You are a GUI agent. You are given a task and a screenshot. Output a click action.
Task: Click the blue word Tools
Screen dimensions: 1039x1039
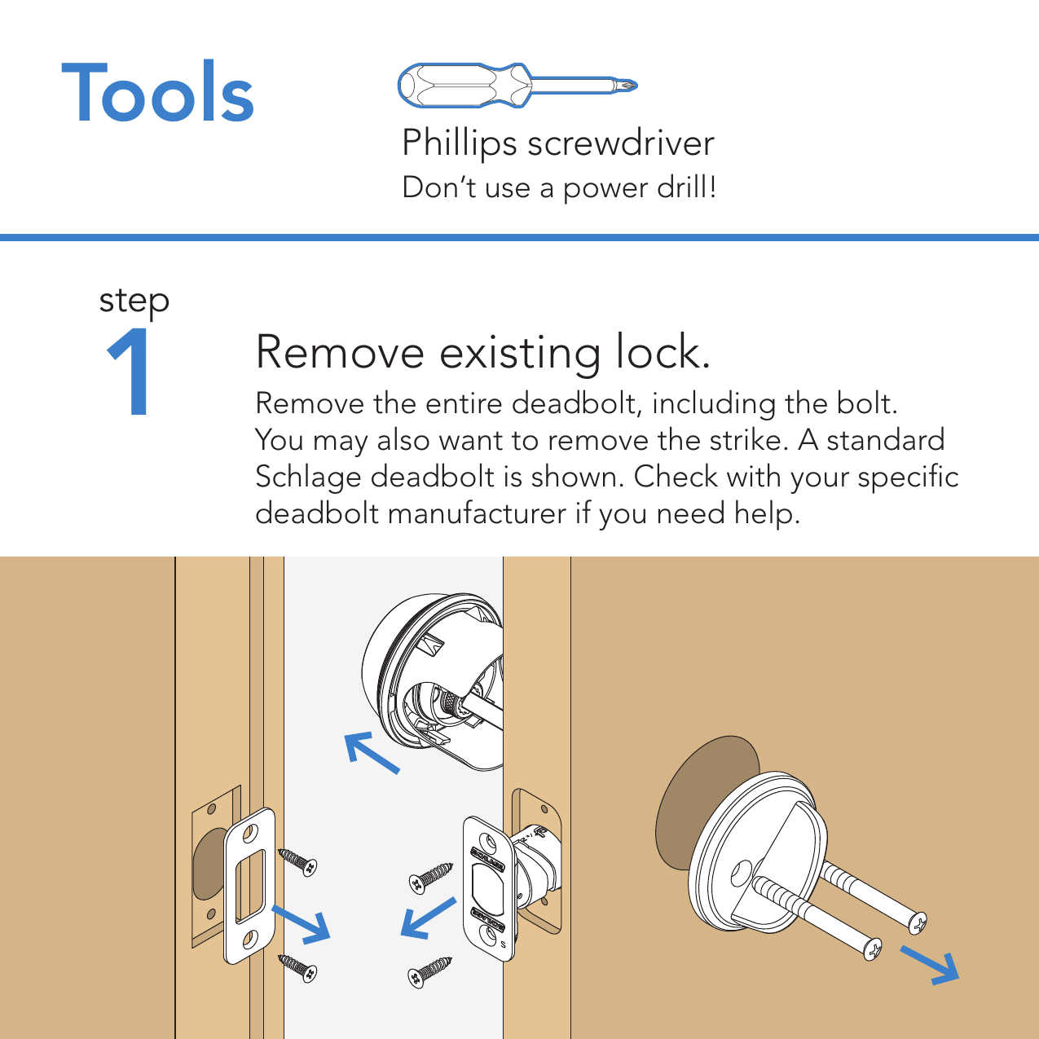(157, 91)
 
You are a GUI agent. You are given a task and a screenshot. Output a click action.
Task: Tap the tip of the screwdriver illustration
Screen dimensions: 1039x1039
(636, 86)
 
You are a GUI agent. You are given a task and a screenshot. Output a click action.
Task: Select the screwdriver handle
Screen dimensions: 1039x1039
(464, 86)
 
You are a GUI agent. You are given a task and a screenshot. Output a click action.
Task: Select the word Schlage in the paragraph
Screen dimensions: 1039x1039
(308, 478)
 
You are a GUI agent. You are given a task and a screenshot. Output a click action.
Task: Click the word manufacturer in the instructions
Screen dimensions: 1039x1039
(477, 513)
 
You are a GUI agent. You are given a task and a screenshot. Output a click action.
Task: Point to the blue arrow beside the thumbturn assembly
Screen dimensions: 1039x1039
(372, 752)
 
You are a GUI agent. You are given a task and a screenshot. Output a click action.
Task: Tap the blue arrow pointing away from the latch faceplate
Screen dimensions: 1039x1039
(429, 918)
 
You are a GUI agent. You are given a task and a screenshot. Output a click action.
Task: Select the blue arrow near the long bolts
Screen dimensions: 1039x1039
(930, 965)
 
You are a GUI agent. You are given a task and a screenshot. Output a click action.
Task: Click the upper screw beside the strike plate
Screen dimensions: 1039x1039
(297, 861)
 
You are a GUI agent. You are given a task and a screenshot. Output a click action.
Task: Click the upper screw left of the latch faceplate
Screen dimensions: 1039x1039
(431, 878)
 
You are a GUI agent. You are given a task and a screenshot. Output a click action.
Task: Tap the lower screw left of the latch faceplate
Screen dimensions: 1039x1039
(429, 973)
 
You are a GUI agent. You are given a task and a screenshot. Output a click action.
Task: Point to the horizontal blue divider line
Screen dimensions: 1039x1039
(519, 237)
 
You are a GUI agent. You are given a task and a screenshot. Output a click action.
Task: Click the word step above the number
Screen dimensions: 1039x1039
(134, 301)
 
